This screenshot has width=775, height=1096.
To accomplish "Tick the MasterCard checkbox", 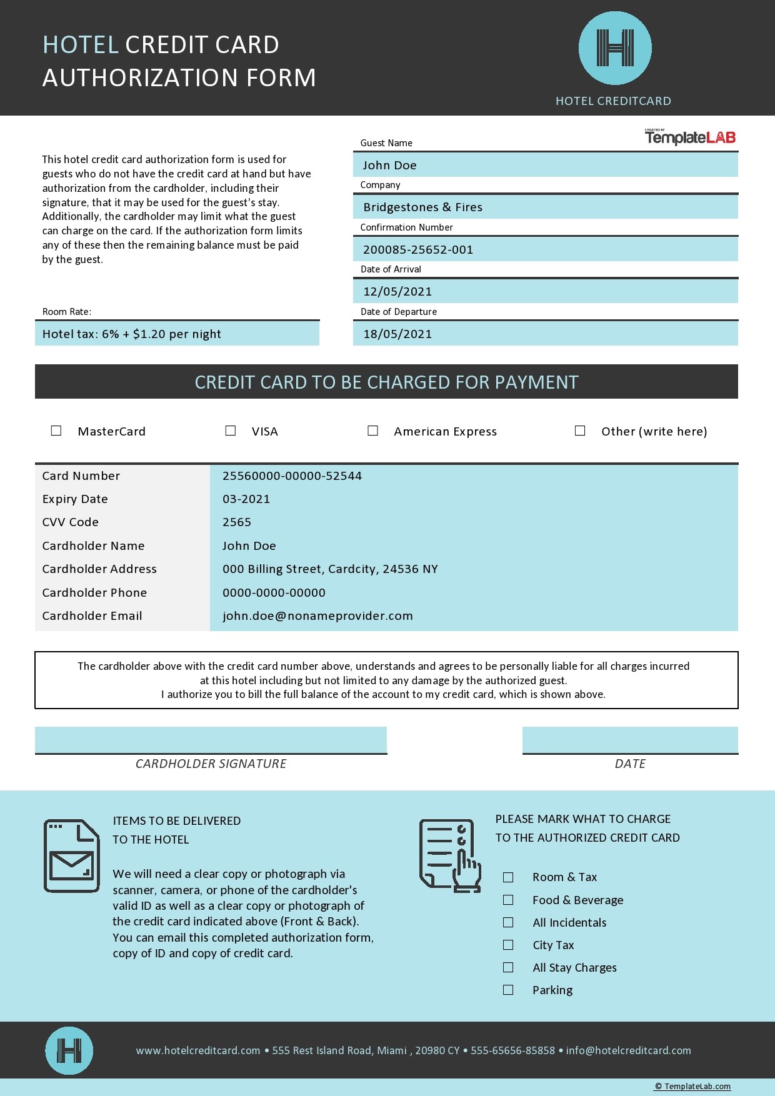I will pyautogui.click(x=56, y=431).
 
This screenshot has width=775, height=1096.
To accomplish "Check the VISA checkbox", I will pyautogui.click(x=231, y=431).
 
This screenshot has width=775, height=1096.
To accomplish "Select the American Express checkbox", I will pyautogui.click(x=373, y=431).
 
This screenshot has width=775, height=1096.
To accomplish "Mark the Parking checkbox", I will pyautogui.click(x=508, y=990).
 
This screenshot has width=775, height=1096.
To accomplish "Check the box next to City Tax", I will pyautogui.click(x=508, y=945).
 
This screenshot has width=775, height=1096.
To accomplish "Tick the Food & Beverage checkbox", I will pyautogui.click(x=508, y=900).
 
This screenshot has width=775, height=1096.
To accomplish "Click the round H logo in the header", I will pyautogui.click(x=615, y=48).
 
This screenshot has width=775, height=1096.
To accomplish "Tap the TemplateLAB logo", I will pyautogui.click(x=690, y=137).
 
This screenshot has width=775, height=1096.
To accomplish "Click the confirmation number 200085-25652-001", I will pyautogui.click(x=418, y=249).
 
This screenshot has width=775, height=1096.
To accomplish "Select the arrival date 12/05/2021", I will pyautogui.click(x=397, y=291).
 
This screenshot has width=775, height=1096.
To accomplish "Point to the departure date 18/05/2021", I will pyautogui.click(x=397, y=334).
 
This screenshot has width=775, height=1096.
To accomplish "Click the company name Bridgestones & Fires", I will pyautogui.click(x=422, y=207).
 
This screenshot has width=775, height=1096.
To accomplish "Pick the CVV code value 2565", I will pyautogui.click(x=237, y=522).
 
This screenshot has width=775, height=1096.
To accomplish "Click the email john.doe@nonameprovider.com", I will pyautogui.click(x=317, y=615).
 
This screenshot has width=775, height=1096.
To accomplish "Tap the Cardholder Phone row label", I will pyautogui.click(x=94, y=592).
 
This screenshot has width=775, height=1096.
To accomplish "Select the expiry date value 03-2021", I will pyautogui.click(x=246, y=499).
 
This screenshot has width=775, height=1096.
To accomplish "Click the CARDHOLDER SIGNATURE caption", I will pyautogui.click(x=211, y=764).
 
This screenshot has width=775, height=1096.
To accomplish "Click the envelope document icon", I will pyautogui.click(x=71, y=855).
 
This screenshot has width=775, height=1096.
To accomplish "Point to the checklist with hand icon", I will pyautogui.click(x=450, y=855).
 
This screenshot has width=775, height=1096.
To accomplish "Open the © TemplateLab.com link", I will pyautogui.click(x=692, y=1087).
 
